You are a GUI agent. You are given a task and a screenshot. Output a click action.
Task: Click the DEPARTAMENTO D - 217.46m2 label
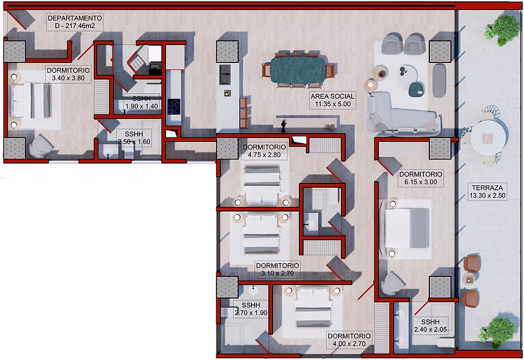74,22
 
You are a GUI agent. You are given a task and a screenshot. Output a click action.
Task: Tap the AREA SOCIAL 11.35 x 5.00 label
333,100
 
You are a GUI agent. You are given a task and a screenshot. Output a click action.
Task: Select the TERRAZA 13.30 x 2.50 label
487,192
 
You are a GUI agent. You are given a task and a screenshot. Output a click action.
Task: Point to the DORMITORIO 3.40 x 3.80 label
68,74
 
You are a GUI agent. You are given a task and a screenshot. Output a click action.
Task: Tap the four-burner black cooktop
174,107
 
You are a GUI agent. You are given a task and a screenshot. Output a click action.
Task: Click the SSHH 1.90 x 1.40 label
142,102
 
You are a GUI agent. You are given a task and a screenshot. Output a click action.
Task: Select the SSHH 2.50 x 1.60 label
134,137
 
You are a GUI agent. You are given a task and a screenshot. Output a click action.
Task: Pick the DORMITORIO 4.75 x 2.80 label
264,151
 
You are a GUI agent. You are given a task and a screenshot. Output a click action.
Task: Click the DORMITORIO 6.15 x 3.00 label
420,178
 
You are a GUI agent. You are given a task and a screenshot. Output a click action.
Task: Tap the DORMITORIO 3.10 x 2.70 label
277,269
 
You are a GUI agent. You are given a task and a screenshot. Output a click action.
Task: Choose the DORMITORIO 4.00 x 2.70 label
349,340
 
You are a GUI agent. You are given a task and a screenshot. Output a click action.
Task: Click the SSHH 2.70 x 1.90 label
251,309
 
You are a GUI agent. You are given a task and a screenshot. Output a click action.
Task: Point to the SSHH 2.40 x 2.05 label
430,326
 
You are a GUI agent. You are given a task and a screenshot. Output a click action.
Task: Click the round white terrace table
487,137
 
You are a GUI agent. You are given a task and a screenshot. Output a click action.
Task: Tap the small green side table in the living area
416,89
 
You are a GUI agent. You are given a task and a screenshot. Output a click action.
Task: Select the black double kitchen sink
225,74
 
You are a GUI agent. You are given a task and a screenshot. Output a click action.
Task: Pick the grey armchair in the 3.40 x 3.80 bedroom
41,146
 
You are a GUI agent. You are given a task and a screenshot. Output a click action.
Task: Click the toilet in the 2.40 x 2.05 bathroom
446,343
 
